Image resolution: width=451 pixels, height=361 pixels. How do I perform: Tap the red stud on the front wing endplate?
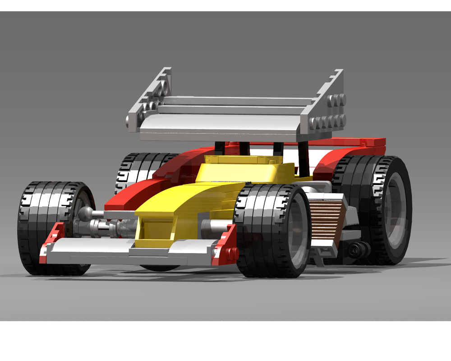[x=233, y=254]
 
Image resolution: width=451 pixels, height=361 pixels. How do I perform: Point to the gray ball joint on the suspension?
[x=85, y=214]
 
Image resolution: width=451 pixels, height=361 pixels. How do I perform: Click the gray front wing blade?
[x=131, y=253]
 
